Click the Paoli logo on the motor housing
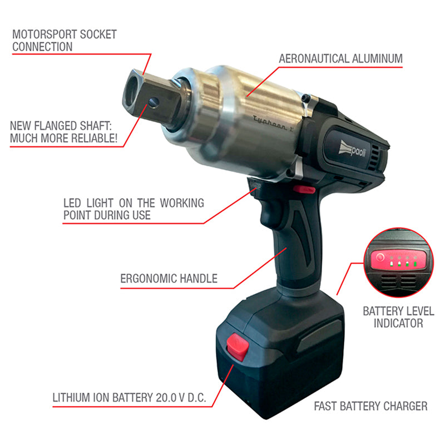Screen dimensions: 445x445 coord(352,149)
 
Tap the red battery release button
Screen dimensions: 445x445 coord(238,347)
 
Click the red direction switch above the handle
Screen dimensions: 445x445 coord(304,189)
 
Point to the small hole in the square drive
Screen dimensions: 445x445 coord(154,102)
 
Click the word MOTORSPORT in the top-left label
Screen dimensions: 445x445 coord(44,34)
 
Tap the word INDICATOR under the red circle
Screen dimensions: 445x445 coord(398,323)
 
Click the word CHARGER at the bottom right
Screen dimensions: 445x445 coord(406,406)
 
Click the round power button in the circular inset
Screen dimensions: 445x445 coord(380,258)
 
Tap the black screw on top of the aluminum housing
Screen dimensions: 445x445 coord(305,98)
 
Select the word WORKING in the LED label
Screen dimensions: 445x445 coord(182,203)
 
